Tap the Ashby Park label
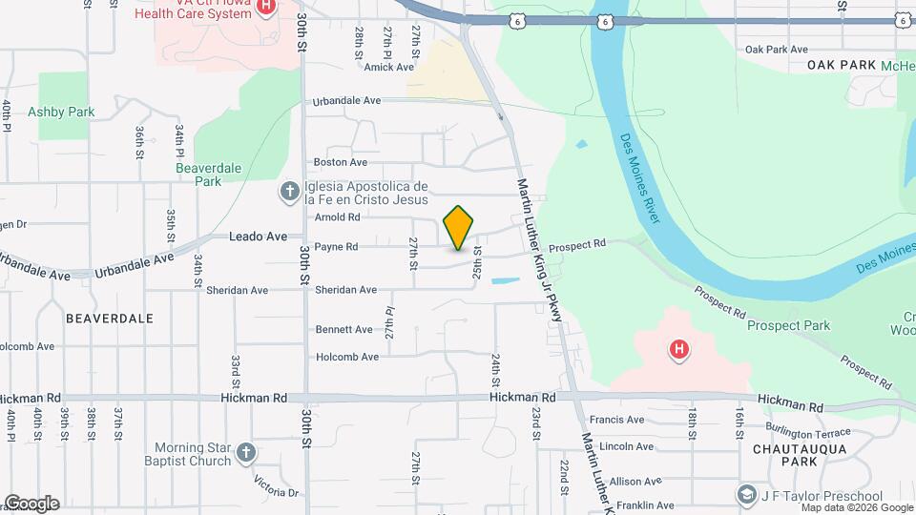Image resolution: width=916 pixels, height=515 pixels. (61, 112)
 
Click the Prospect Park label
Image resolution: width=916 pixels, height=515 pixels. (788, 325)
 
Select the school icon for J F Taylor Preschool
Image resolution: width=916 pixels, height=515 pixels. (746, 495)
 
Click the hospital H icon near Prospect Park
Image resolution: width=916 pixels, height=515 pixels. (678, 351)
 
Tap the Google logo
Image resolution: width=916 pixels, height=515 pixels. (31, 504)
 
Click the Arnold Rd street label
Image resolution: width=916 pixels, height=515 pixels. (337, 217)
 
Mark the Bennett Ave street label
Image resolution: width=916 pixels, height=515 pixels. (343, 330)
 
